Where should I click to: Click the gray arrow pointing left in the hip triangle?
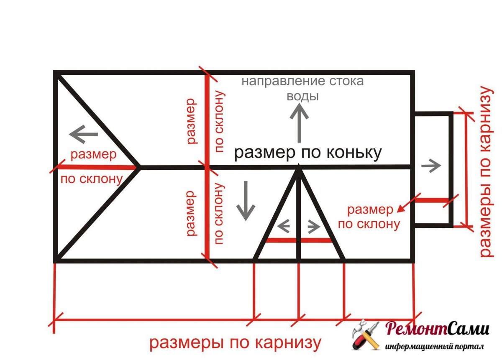click(83, 135)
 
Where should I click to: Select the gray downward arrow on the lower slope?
click(246, 200)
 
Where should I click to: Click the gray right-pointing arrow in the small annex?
click(431, 166)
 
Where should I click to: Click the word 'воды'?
click(302, 96)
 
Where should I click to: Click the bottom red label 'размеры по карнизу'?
click(236, 343)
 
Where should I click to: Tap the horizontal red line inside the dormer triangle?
click(299, 240)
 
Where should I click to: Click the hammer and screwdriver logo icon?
click(366, 335)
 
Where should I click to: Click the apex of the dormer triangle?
click(299, 167)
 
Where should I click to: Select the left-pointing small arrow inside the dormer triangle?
click(284, 226)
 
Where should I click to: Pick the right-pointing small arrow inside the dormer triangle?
click(314, 226)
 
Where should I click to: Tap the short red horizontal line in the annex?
click(431, 200)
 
